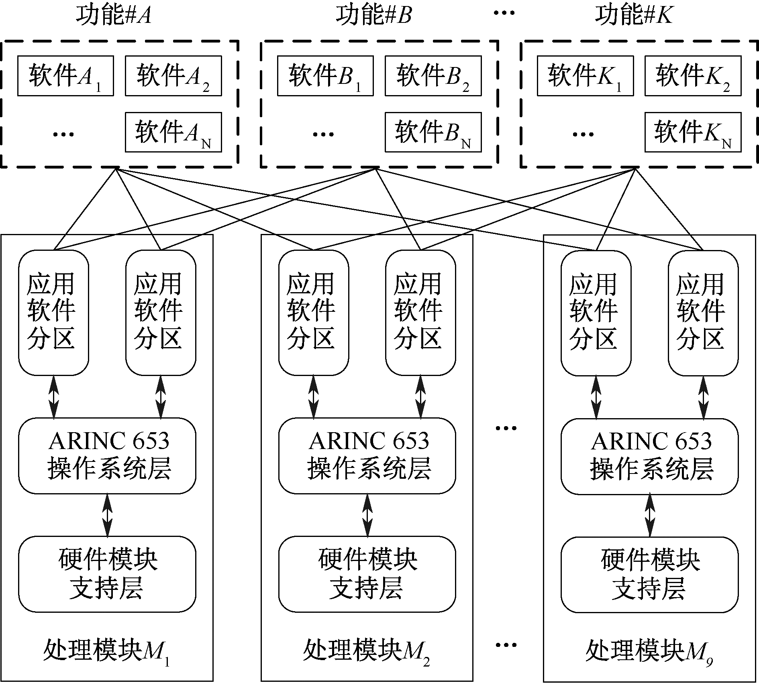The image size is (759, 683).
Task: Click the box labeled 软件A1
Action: point(65,76)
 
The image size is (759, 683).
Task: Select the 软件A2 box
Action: point(173,76)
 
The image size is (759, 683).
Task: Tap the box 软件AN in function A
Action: point(173,132)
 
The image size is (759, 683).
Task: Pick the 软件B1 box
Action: point(325,76)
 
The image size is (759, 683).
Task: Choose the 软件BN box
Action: point(433,132)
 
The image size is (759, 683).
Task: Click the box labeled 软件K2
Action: point(693,76)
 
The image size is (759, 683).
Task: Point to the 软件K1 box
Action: point(585,76)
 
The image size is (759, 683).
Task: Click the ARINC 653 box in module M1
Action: point(107,456)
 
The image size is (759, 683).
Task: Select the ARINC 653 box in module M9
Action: point(649,456)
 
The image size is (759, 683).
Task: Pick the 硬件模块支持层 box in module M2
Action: point(367,574)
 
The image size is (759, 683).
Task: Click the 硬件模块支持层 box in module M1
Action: point(107,574)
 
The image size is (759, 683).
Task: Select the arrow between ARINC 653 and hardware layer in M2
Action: point(367,515)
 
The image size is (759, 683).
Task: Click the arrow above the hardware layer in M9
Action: point(650,515)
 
